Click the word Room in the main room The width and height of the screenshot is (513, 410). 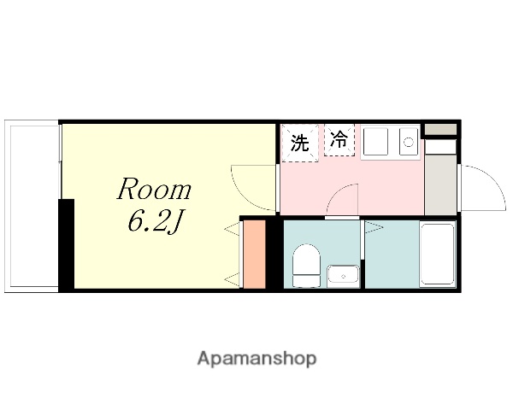click(154, 190)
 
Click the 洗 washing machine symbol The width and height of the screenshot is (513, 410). click(298, 143)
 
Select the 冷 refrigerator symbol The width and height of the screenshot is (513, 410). click(339, 141)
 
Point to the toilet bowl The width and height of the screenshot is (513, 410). click(305, 266)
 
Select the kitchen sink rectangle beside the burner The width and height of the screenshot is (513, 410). click(376, 143)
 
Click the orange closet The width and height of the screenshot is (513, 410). click(255, 255)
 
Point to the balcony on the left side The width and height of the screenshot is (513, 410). click(32, 206)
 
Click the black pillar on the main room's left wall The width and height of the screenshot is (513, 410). click(66, 244)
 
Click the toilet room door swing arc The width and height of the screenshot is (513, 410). click(344, 203)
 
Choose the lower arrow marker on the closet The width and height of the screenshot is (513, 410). click(231, 278)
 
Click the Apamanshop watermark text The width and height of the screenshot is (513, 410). click(256, 359)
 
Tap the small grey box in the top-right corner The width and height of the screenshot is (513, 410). click(440, 129)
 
